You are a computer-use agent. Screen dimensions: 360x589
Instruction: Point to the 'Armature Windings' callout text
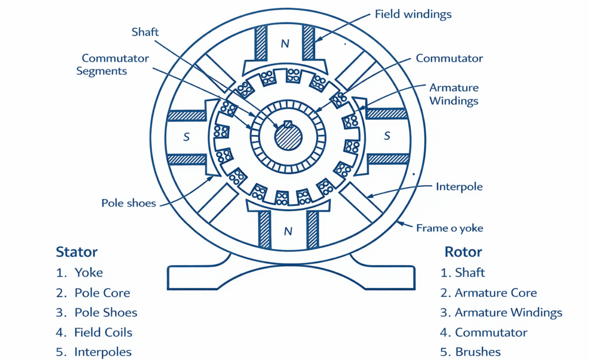(454, 94)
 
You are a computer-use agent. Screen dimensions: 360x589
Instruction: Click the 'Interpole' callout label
(459, 186)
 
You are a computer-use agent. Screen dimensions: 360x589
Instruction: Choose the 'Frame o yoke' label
(449, 228)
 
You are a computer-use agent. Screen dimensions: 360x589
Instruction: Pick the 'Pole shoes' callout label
(128, 203)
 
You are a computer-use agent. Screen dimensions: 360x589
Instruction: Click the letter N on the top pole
(285, 44)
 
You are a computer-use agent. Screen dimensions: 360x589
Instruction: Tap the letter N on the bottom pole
(288, 232)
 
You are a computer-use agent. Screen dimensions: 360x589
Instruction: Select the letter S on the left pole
(186, 137)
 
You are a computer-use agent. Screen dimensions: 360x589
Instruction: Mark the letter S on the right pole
(387, 136)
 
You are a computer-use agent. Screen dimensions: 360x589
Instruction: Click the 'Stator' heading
(77, 252)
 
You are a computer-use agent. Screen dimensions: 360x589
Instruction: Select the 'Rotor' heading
(463, 252)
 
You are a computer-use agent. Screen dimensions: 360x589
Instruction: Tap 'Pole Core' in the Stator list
(102, 293)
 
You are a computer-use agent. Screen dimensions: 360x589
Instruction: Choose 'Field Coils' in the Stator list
(103, 332)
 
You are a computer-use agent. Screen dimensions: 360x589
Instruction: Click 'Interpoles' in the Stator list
(103, 352)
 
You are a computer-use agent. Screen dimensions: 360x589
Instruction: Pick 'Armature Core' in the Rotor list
(495, 293)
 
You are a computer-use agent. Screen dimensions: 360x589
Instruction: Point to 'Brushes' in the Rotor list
(477, 352)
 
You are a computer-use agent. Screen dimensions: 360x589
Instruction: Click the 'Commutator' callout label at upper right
(449, 59)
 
